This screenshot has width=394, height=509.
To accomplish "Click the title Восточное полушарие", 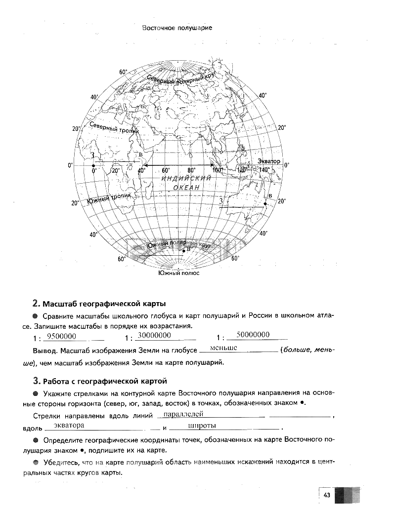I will point(177,28).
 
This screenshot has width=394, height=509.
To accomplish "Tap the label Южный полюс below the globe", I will point(178,273).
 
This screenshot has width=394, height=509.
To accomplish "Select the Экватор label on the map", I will point(268,161).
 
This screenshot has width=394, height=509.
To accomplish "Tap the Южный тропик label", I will point(109,199).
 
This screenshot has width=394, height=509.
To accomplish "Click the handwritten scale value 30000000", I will point(154,336).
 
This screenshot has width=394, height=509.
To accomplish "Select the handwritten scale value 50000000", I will point(253,335).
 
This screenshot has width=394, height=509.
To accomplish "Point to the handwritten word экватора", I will point(69,425).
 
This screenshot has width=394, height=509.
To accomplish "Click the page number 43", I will point(327,496).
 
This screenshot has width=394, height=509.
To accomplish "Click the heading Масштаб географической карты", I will point(104,303).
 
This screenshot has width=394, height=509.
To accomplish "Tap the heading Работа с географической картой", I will point(105,381).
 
